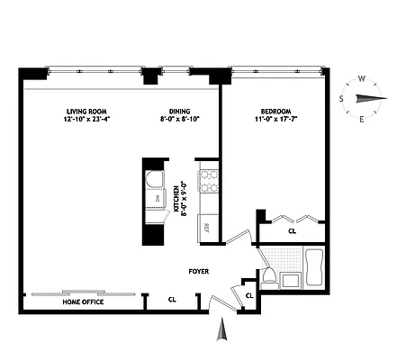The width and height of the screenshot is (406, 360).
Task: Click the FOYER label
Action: (x=198, y=269)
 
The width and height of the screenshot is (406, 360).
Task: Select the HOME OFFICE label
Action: (x=82, y=301)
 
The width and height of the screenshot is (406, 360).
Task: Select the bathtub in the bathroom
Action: (x=315, y=267)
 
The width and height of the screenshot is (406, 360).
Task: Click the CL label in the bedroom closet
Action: (x=292, y=230)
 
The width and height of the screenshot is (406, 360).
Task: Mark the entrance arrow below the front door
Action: (x=221, y=334)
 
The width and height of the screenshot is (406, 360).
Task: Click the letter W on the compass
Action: (x=361, y=78)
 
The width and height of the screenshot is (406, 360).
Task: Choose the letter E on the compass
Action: (x=362, y=118)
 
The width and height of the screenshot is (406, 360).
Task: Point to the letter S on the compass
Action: (x=342, y=98)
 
